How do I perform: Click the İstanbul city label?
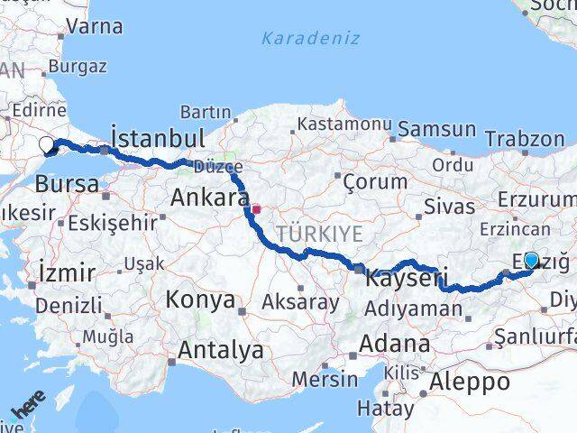click(x=158, y=138)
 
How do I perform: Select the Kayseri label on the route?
click(x=405, y=280)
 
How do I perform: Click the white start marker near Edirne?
click(x=47, y=143)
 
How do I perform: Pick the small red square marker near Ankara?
click(x=256, y=209)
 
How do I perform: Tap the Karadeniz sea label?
click(x=310, y=39)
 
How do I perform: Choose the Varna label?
click(x=94, y=26)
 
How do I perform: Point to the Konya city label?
click(x=200, y=299)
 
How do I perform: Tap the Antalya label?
click(x=221, y=349)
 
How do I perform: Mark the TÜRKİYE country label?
click(x=319, y=235)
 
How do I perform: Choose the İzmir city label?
click(x=67, y=272)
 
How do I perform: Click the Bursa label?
click(x=67, y=184)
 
